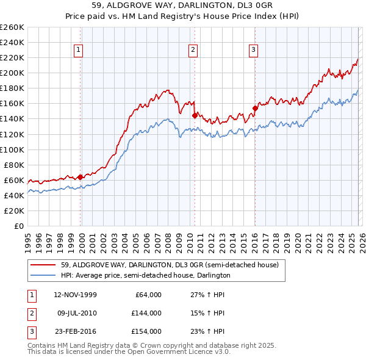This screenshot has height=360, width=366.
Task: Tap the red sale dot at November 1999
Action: coord(81,177)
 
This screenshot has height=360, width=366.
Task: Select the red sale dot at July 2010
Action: coord(195,115)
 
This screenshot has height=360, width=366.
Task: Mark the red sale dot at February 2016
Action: coord(255,108)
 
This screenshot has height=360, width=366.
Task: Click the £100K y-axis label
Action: coord(12,149)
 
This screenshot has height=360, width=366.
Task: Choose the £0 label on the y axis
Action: coord(19,226)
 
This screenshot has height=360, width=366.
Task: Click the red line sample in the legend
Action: coord(43,265)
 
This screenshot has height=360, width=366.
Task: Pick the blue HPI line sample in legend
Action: coord(43,276)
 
